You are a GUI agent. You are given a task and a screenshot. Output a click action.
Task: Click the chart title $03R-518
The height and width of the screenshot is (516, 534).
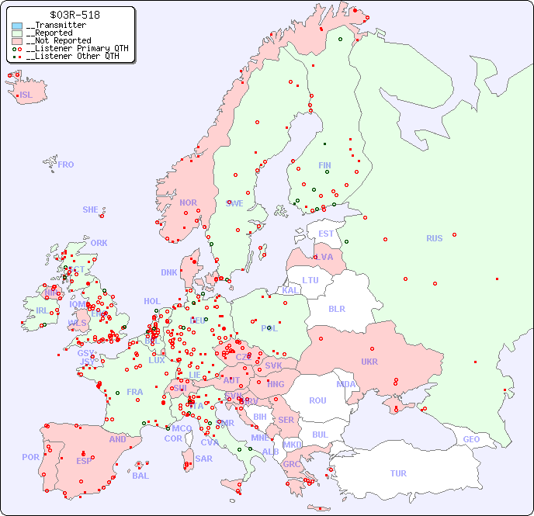pos(74,15)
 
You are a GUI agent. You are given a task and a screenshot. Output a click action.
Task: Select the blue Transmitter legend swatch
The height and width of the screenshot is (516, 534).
pos(17,26)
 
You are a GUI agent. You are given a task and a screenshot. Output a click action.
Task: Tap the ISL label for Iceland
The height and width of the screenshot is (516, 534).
pos(26,95)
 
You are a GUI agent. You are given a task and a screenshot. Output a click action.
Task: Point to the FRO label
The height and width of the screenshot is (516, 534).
pos(66,164)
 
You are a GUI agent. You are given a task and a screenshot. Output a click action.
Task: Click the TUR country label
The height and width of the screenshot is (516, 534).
pos(398,473)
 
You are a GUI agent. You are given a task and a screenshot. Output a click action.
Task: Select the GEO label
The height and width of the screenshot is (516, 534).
pos(471,439)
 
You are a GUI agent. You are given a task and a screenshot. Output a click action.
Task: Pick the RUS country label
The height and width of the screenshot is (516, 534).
pos(434,238)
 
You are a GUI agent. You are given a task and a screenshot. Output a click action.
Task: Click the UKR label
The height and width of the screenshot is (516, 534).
pos(369,362)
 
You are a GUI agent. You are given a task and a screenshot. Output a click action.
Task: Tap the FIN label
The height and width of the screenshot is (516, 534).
pos(324,165)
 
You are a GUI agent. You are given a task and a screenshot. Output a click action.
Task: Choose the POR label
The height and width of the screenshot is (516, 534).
pos(30,457)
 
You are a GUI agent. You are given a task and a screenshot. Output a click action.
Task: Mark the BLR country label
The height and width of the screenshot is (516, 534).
pos(337,308)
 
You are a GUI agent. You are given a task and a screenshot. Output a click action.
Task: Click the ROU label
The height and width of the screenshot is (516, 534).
pos(317,400)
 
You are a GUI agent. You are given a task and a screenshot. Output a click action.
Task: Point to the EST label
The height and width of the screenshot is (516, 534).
pos(326,234)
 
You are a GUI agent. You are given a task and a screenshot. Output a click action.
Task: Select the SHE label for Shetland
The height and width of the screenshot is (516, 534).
pos(91,210)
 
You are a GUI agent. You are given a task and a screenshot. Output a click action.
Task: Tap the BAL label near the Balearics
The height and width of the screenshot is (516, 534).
pos(140,476)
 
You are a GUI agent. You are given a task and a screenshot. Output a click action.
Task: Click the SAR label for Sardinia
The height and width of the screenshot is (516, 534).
pos(203,459)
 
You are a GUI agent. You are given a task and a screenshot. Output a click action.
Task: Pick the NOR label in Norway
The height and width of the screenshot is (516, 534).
pos(188,203)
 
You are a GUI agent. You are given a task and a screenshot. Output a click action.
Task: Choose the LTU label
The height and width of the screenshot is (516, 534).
pos(310,280)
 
